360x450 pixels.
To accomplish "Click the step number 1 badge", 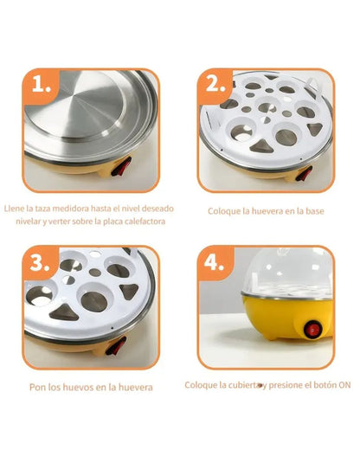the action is click(42, 85).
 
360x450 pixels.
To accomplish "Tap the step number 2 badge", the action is click(215, 85).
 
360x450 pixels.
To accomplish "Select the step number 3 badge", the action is click(41, 263).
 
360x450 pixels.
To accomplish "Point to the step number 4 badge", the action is click(215, 263).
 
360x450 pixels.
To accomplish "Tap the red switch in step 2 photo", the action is click(304, 173).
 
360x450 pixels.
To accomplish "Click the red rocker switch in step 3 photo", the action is click(116, 345).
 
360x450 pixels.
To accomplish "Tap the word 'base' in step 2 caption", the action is click(315, 211).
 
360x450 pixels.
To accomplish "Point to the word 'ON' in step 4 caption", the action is click(344, 385).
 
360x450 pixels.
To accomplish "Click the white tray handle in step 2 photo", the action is click(312, 84).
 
